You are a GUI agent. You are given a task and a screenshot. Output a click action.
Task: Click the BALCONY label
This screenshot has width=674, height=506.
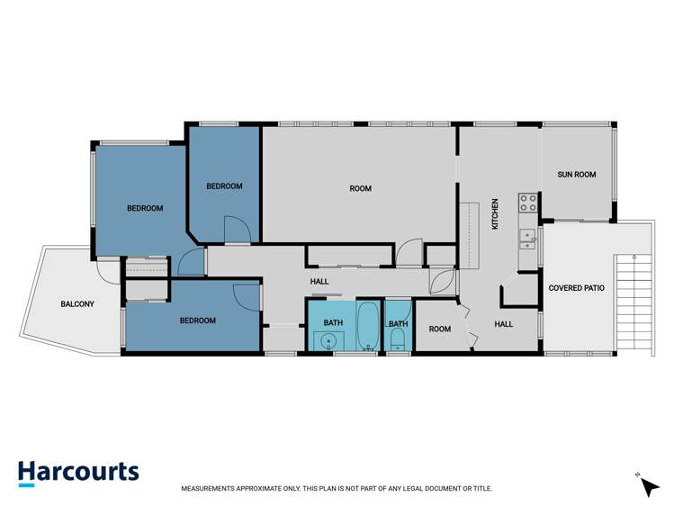(x=77, y=304)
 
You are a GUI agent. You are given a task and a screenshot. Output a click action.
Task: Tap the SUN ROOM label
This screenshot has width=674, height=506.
(x=577, y=175)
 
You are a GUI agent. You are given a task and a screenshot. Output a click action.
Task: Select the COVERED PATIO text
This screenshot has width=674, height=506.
(x=576, y=288)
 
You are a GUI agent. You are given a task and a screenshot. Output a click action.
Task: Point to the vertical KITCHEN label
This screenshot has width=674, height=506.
(x=494, y=215)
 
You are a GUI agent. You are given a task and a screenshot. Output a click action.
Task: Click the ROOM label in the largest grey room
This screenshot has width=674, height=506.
(x=360, y=188)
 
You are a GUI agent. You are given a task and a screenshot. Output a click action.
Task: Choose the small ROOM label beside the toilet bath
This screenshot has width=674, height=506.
(x=439, y=330)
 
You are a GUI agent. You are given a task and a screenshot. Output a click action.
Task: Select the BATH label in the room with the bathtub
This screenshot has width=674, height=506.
(x=333, y=321)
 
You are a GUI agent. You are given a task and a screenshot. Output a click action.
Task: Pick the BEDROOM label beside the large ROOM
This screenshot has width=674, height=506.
(x=224, y=186)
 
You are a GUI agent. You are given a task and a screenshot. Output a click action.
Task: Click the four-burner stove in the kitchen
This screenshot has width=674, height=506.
(x=527, y=203)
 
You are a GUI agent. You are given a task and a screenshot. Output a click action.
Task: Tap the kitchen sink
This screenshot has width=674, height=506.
(x=527, y=238)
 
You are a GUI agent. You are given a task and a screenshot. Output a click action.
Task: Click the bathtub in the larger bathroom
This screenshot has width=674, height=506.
(x=367, y=327)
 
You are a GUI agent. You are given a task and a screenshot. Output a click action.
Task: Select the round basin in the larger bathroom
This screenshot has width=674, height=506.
(x=329, y=341)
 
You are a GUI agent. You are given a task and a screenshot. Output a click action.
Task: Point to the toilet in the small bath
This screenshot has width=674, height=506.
(x=398, y=340)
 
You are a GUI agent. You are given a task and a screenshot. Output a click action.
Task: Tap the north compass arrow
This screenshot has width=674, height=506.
(x=648, y=486)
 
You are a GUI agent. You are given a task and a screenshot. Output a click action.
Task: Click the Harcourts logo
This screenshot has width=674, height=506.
(x=78, y=473)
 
